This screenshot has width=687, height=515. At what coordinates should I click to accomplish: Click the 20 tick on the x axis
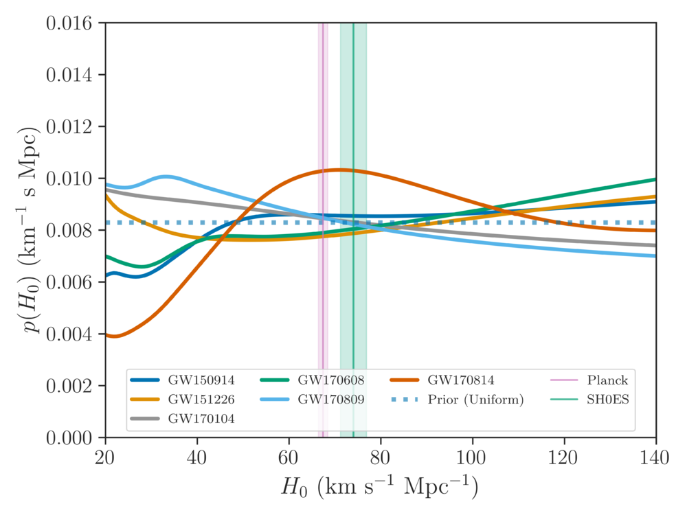105,456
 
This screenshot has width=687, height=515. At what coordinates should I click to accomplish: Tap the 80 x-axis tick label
381,456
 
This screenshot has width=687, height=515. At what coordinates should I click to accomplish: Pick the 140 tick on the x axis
655,456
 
